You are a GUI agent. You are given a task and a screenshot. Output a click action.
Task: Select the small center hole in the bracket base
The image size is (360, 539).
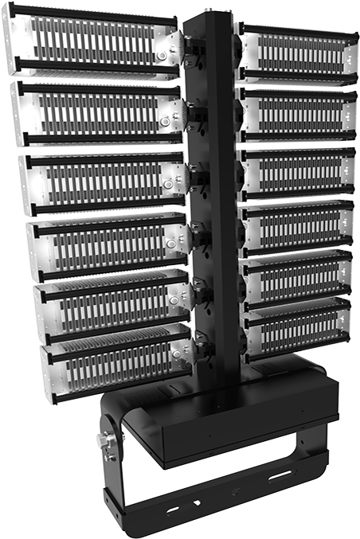coord(233,491)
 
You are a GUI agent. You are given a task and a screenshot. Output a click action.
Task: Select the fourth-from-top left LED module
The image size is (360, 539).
coord(108,244)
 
